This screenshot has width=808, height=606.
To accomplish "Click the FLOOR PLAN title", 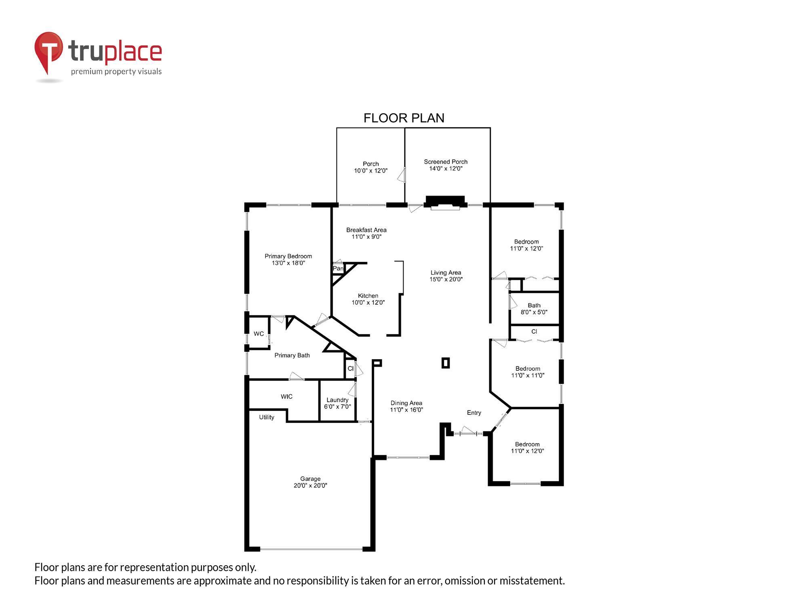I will (x=404, y=118).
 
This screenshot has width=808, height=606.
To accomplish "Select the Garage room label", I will (x=310, y=482).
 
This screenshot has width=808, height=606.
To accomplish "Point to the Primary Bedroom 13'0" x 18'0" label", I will (x=288, y=259).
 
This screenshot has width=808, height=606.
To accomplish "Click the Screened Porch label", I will (x=446, y=165).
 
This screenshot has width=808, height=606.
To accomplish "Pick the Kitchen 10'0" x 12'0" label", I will (x=368, y=299).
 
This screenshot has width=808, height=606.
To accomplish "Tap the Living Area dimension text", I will (x=446, y=279).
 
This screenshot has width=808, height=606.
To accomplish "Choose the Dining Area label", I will (x=406, y=406).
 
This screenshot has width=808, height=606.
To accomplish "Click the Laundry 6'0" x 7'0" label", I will (x=337, y=403).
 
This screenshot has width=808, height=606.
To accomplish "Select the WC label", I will (x=259, y=334).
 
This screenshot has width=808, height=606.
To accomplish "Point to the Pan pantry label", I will (x=338, y=268).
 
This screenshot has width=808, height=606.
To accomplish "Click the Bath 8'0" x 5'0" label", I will (x=534, y=309).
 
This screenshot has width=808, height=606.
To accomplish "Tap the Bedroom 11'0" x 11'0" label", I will (x=528, y=372).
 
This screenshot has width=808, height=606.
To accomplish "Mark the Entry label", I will (x=474, y=412).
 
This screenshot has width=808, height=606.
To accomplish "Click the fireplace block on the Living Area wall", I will (x=445, y=201).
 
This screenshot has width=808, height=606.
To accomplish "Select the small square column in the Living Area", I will (x=446, y=363).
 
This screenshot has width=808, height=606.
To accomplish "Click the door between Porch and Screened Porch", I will (x=402, y=175).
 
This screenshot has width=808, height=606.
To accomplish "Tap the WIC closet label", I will (x=286, y=396).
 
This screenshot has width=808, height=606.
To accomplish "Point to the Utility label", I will (x=267, y=417).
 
